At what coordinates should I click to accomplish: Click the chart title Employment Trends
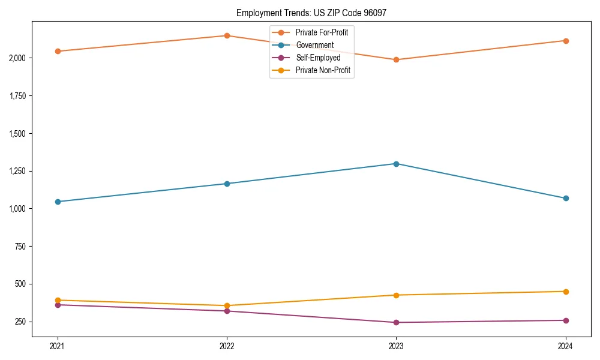(x=315, y=13)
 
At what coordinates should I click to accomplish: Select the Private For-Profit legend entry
(x=322, y=32)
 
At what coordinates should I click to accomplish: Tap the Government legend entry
(x=314, y=45)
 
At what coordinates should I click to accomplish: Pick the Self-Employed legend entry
(x=318, y=58)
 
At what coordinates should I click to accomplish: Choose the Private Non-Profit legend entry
(x=323, y=70)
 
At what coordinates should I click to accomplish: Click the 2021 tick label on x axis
(x=58, y=346)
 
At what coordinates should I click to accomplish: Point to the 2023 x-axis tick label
(x=396, y=346)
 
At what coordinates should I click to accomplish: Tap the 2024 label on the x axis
(x=565, y=346)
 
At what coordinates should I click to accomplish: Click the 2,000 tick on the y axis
(x=17, y=58)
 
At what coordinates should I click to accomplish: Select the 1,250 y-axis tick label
(x=17, y=171)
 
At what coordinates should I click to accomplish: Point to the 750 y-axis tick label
(x=20, y=247)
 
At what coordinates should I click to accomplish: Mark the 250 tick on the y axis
(x=20, y=322)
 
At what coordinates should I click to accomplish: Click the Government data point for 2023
(x=396, y=164)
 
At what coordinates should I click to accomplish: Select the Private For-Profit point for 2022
(x=227, y=35)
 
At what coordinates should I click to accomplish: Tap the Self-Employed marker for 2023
(x=396, y=322)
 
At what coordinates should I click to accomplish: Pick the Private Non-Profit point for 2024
(x=565, y=292)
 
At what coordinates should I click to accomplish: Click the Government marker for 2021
(x=58, y=202)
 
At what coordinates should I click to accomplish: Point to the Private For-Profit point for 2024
(x=565, y=41)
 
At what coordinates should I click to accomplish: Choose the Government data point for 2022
(x=227, y=184)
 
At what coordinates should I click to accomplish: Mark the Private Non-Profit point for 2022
(x=227, y=305)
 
